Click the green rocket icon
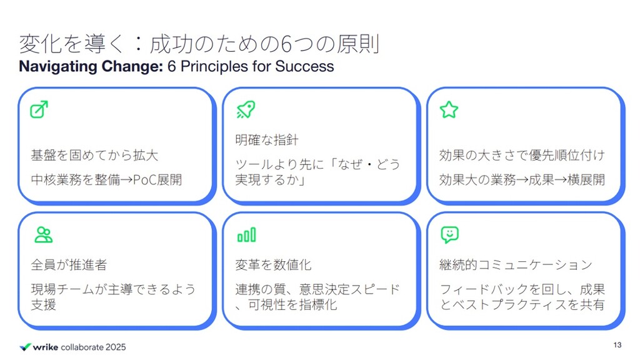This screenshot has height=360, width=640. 246,109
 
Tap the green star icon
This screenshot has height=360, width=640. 449,110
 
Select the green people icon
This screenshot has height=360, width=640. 43,235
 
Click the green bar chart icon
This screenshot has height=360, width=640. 246,235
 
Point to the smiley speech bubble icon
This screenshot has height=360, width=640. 450,235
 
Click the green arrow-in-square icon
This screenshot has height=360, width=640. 39,109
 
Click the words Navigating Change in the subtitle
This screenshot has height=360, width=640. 91,66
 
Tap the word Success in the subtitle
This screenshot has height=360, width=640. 304,66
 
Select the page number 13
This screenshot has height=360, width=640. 617,345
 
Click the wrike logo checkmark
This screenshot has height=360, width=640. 25,347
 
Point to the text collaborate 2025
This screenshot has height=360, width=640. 93,347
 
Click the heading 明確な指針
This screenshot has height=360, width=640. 266,140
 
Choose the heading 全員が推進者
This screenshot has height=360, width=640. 69,265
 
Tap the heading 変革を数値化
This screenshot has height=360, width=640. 273,265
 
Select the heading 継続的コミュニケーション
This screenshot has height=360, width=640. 516,265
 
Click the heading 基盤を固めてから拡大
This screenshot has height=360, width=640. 94,156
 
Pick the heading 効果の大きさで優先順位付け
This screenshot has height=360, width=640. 522,156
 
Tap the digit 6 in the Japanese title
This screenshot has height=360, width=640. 286,44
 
